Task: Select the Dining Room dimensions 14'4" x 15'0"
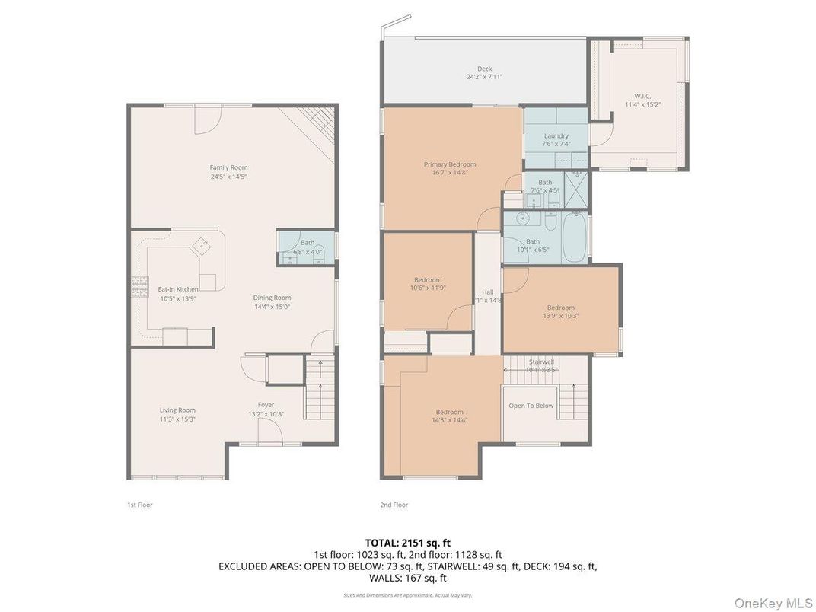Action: pos(272,307)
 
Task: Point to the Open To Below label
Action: pos(531,406)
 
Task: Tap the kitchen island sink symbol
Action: pos(202,244)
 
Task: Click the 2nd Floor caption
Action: pos(394,505)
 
